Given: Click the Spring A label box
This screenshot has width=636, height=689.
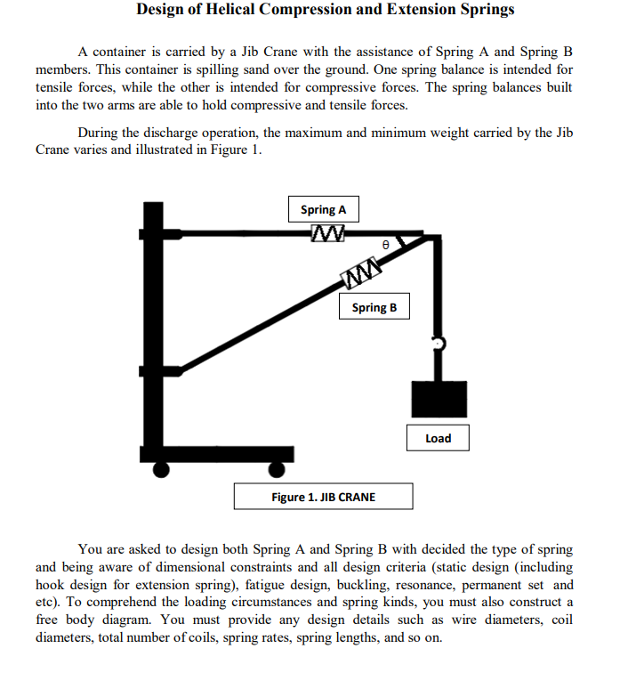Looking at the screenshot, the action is coord(323,210).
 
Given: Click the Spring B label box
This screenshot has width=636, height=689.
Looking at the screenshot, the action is coord(374,307).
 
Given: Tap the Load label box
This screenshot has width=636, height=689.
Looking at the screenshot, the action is coord(438,438).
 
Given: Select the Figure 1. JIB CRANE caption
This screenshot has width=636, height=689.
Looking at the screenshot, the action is coord(323,497).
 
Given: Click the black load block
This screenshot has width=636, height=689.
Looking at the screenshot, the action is coord(438,399).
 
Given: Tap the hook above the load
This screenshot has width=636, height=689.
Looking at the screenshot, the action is coord(437,344).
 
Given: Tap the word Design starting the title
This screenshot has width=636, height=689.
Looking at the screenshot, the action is coord(162,11).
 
